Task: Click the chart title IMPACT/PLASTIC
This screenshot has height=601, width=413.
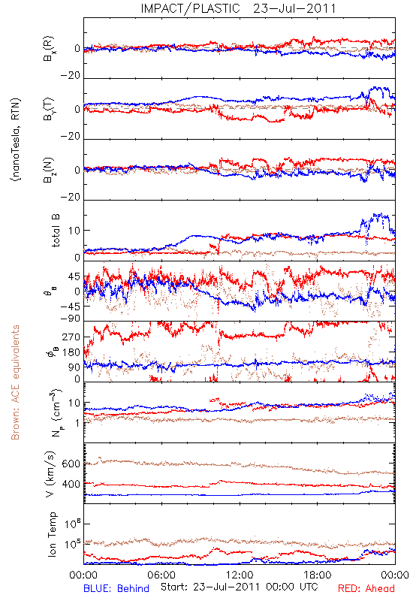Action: point(191,8)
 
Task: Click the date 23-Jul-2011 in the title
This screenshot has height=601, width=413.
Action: point(294,8)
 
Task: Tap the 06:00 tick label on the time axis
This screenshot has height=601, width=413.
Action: point(161,575)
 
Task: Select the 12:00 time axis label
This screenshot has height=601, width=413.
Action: point(240,575)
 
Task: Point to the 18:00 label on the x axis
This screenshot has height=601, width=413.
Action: point(318,575)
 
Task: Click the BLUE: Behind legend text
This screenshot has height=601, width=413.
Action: point(116,588)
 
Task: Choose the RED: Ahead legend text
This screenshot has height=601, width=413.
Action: point(366,588)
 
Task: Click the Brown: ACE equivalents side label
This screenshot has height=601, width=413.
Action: point(15,382)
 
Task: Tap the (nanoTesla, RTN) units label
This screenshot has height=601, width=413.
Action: point(16,140)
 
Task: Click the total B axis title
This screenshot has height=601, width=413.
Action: point(56,231)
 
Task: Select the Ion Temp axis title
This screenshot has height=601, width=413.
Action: point(52,534)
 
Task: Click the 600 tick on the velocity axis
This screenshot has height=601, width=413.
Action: point(71,464)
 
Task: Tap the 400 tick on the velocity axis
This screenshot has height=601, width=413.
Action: point(71,484)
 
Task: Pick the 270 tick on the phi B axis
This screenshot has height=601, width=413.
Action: point(71,337)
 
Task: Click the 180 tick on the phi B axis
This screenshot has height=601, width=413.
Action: point(71,352)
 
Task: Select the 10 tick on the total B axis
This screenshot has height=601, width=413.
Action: point(74,231)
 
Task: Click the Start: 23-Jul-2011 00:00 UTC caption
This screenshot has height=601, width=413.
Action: point(239,587)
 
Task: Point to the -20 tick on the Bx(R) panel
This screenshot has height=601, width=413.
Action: point(71,76)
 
